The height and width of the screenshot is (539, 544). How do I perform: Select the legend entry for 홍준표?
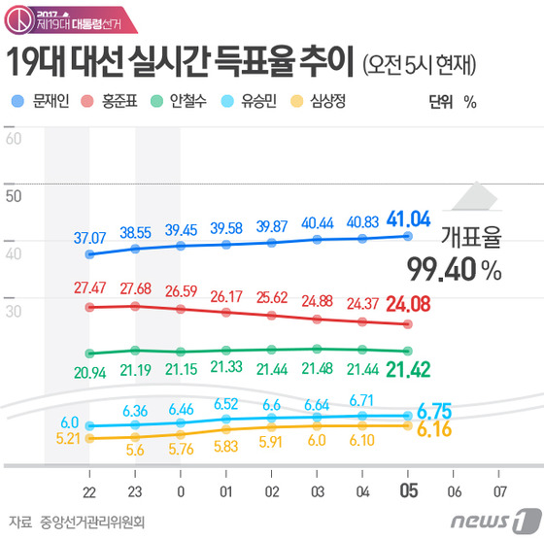pos(126,101)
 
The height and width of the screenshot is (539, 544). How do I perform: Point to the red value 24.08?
pos(407,306)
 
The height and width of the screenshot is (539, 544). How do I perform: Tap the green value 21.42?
pos(407,368)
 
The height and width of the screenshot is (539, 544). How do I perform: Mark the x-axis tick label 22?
pos(89,491)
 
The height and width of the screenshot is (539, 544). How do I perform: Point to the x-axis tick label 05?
pos(408,491)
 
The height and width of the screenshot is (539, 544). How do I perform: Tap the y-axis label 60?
pos(14,139)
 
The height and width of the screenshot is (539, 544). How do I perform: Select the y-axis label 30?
pos(14,312)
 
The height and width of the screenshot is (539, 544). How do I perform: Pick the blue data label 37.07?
pos(89,236)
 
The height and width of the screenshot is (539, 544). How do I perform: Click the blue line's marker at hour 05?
pos(408,236)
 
